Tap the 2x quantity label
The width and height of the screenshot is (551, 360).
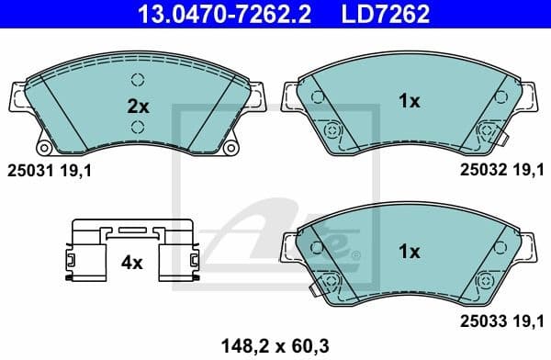(x=137, y=106)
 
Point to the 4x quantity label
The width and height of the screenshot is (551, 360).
(x=132, y=263)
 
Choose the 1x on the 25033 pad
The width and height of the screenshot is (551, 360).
(x=409, y=251)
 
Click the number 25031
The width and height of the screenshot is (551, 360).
(x=28, y=170)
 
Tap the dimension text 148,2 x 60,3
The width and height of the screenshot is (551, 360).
(x=275, y=345)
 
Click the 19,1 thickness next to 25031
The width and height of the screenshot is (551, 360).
(x=77, y=170)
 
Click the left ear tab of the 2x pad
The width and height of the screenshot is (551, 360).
(x=17, y=96)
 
